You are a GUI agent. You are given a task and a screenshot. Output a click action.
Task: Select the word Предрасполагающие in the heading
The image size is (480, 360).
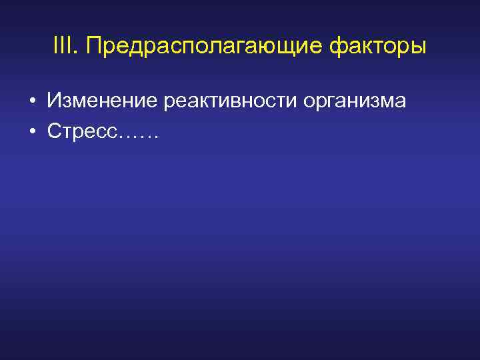pyautogui.click(x=204, y=48)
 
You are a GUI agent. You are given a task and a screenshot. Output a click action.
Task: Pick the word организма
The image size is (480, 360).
pyautogui.click(x=353, y=102)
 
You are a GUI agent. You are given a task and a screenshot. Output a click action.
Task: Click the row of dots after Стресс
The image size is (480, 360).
pyautogui.click(x=138, y=136)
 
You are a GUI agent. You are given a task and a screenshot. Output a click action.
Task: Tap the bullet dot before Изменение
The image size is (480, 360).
pyautogui.click(x=31, y=102)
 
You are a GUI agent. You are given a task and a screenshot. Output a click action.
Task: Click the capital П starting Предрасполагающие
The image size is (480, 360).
pyautogui.click(x=94, y=47)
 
